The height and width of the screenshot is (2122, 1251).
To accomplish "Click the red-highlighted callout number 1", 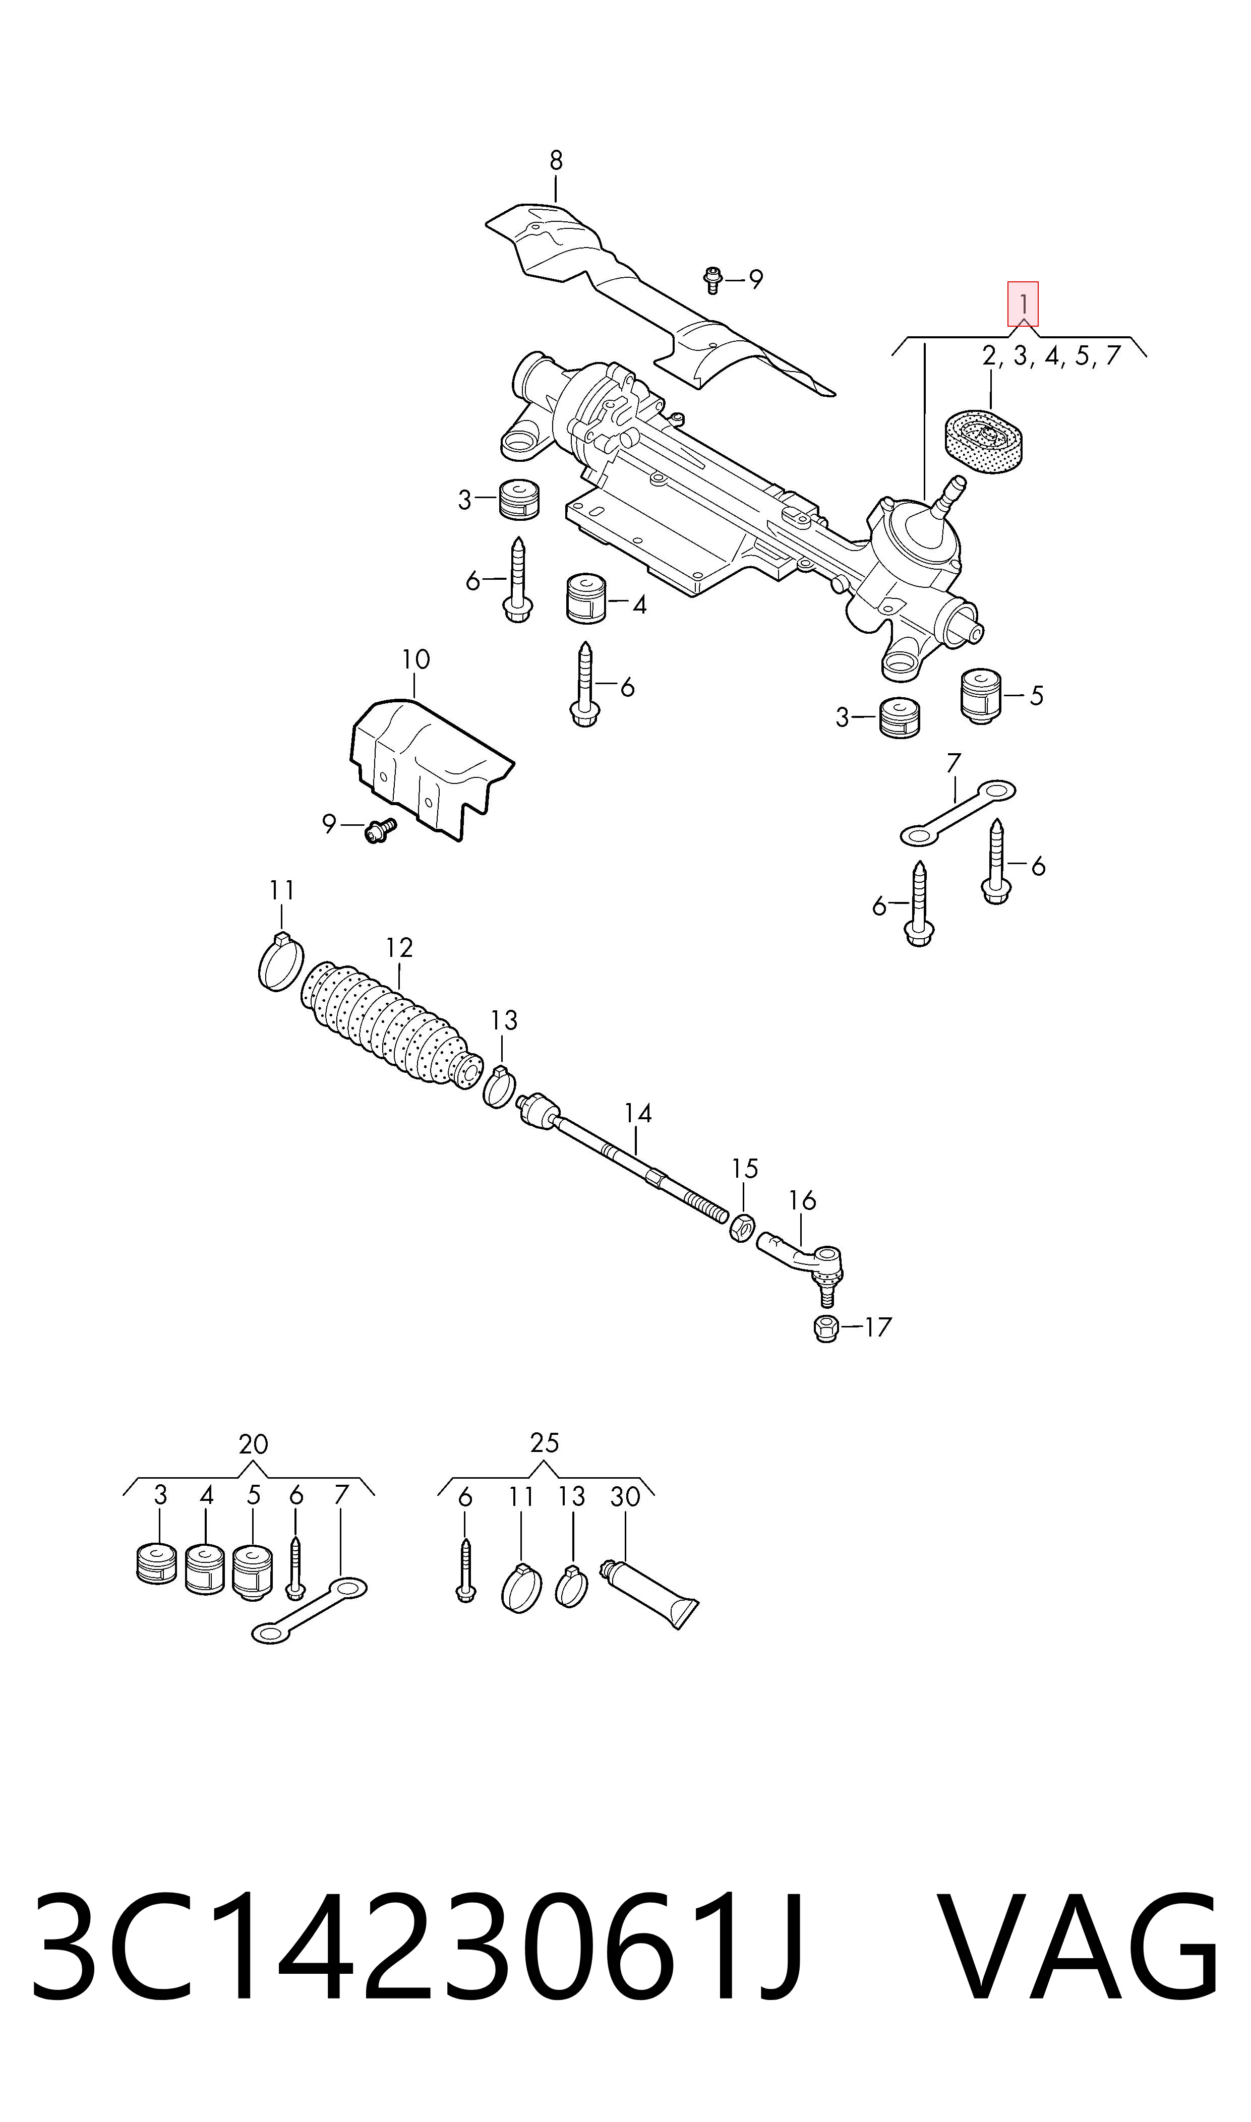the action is click(x=1023, y=304).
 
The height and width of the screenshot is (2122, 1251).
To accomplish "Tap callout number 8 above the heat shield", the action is click(x=556, y=160).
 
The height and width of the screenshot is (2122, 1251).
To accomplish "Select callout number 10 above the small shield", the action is click(x=415, y=659).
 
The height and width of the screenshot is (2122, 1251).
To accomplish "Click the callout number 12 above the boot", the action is click(x=399, y=948).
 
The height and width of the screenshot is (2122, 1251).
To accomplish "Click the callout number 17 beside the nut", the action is click(x=877, y=1327).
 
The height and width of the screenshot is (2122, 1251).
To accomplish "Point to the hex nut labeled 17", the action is click(x=826, y=1329).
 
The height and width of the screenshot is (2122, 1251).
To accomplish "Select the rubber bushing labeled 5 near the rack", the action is click(x=980, y=697).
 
